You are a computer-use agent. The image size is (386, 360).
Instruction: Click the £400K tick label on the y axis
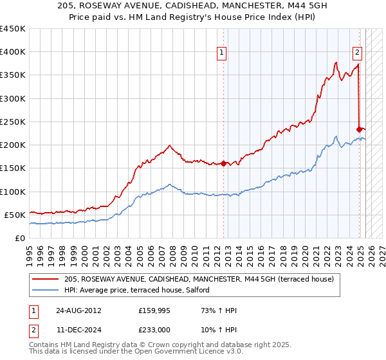pyautogui.click(x=12, y=52)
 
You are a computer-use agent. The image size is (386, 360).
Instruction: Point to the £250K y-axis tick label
pyautogui.click(x=12, y=122)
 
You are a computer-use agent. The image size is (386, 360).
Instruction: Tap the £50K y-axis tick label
pyautogui.click(x=15, y=215)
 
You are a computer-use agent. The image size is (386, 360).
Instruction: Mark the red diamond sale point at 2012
pyautogui.click(x=223, y=163)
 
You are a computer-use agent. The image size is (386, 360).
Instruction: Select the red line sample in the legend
pyautogui.click(x=46, y=280)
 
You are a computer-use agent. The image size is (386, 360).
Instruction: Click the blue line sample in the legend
pyautogui.click(x=46, y=290)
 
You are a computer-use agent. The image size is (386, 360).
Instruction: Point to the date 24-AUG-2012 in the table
pyautogui.click(x=78, y=310)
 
